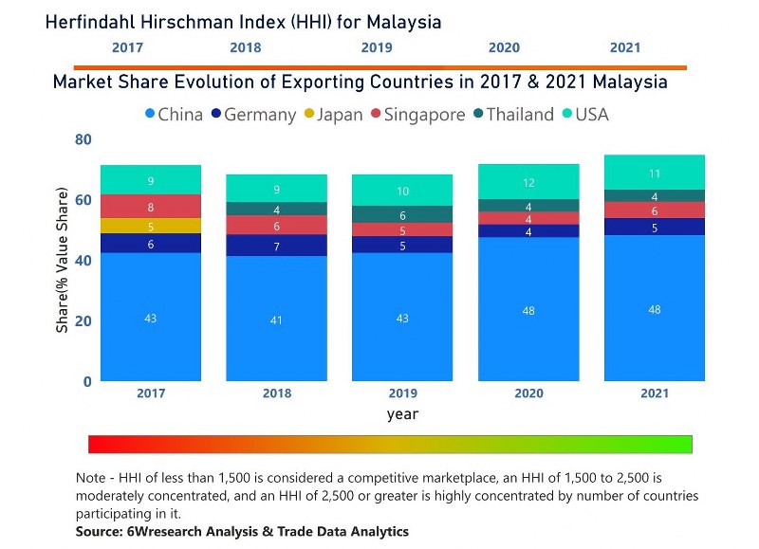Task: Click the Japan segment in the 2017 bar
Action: click(x=150, y=226)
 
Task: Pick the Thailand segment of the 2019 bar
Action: click(x=402, y=215)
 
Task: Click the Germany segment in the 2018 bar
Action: click(x=276, y=246)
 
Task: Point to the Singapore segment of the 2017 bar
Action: click(x=150, y=206)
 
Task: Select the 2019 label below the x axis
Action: click(x=402, y=393)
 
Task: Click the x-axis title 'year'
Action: click(x=402, y=414)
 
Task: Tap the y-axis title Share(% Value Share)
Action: click(x=63, y=260)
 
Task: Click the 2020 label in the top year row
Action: click(x=504, y=47)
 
